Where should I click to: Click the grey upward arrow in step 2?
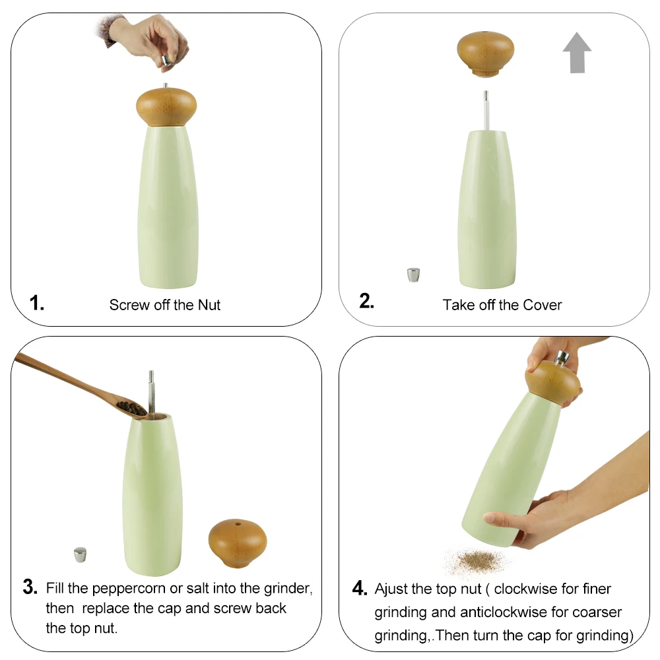pyautogui.click(x=577, y=53)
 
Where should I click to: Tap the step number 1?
pyautogui.click(x=37, y=304)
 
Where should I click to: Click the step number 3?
pyautogui.click(x=30, y=587)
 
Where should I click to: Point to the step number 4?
pyautogui.click(x=359, y=588)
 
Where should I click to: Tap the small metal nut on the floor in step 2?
pyautogui.click(x=414, y=275)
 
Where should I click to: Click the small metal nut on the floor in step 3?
pyautogui.click(x=81, y=554)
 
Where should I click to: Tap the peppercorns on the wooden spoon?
pyautogui.click(x=132, y=409)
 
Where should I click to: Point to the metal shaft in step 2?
pyautogui.click(x=486, y=110)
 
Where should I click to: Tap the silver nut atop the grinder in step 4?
pyautogui.click(x=562, y=359)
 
